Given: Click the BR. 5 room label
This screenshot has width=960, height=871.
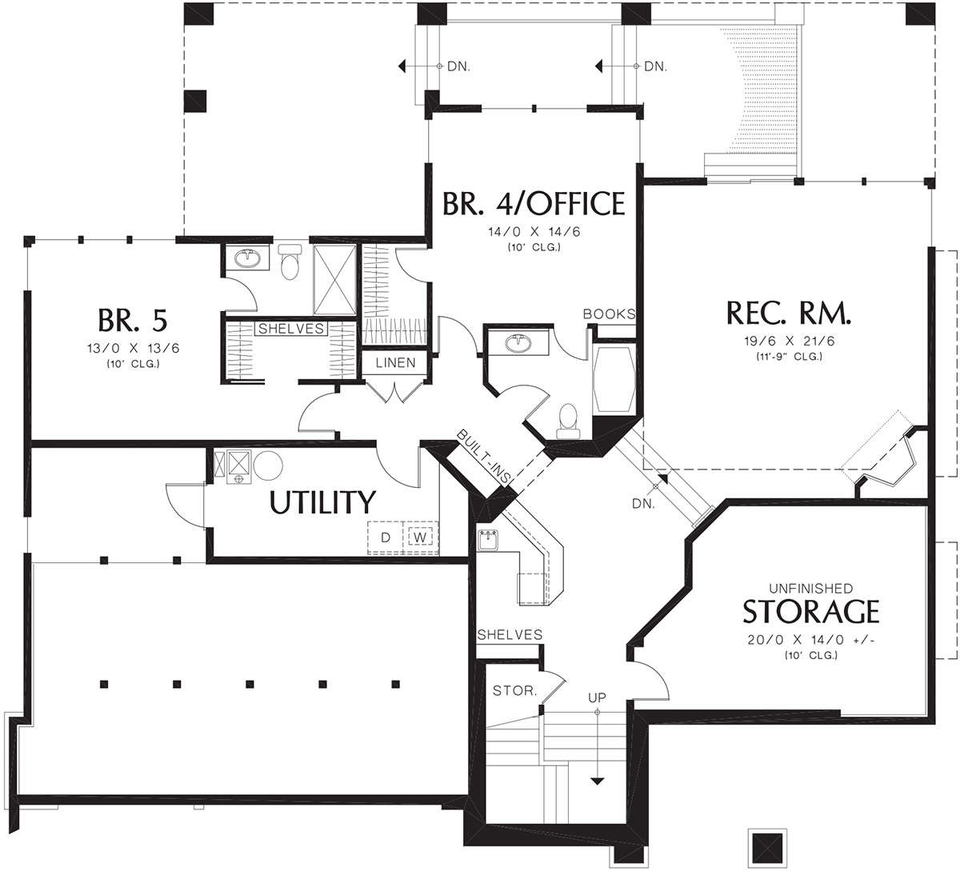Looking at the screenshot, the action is pos(133,321).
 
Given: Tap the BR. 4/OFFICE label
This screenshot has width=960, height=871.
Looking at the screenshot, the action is pos(534,203).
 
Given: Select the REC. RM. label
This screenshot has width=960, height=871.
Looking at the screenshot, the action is pos(789,313).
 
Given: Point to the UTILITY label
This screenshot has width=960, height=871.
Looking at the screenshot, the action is pos(322,502).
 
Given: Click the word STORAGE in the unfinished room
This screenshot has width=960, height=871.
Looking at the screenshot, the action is pos(810,611).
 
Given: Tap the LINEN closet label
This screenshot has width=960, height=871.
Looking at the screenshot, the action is pos(395,363).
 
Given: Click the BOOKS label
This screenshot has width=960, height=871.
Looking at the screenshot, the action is pos(610,314).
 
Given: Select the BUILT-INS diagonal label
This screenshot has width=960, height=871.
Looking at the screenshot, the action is pos(484,456).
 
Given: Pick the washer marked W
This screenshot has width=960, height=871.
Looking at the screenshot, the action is pos(420,537).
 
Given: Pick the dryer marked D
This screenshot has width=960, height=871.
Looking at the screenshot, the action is pos(386,537).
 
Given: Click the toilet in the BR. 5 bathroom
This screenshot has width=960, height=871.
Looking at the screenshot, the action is pos(290,262).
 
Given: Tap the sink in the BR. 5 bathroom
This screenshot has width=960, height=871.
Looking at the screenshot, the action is pos(248,258).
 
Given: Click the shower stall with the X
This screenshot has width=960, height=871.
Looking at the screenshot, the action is pos(334,280).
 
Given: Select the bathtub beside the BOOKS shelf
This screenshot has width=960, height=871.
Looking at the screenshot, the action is pos(614,379).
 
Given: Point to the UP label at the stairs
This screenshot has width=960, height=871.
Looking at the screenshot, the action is pos(597,697).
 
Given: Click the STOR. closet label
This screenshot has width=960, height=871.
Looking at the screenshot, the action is pos(515,690).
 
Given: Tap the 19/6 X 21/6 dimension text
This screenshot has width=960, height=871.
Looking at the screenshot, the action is pos(789,342).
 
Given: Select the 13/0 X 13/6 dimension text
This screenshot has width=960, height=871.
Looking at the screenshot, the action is pos(133,348).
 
